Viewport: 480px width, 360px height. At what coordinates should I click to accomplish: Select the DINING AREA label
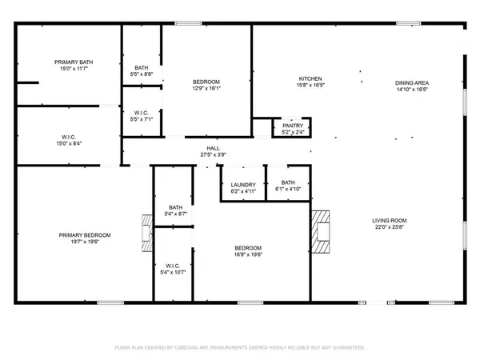412,82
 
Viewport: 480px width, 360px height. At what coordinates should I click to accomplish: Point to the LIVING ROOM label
390,220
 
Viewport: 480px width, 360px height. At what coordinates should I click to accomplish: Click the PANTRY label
291,124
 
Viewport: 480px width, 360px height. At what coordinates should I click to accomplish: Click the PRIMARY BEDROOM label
85,234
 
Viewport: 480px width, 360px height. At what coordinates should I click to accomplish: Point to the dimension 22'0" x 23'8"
390,227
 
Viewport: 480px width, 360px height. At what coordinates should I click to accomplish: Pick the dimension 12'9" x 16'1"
206,90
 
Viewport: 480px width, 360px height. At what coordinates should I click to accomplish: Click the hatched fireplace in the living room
320,231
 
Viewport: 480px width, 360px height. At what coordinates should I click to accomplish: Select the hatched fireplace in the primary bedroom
146,233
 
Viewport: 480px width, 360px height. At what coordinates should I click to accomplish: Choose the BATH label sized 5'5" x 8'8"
142,67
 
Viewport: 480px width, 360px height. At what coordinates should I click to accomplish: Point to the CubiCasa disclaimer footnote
239,348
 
